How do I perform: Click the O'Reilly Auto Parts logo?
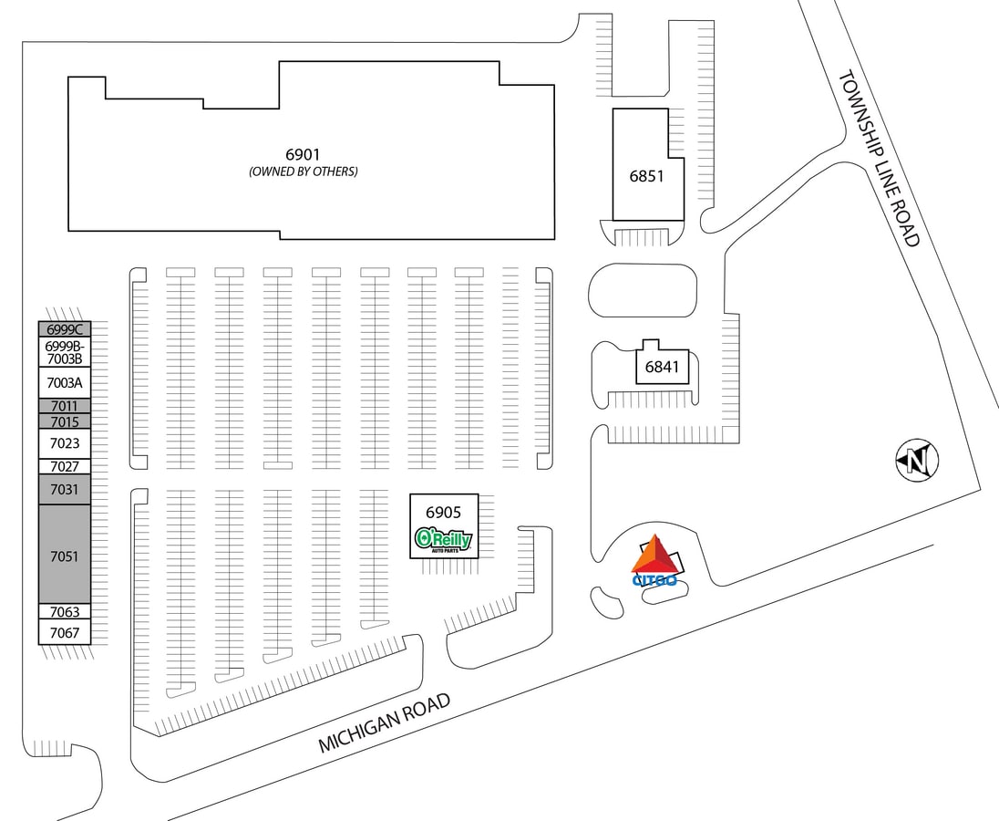tap(443, 539)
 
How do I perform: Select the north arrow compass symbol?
tap(918, 461)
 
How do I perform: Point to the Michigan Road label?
tap(384, 722)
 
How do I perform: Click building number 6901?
tap(303, 154)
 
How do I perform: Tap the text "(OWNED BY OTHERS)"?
tap(304, 171)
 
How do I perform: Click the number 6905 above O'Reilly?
tap(443, 512)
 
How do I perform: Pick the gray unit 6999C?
tap(65, 329)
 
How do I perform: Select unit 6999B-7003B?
tap(65, 352)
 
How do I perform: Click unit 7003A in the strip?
tap(65, 382)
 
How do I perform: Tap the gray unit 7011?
tap(65, 406)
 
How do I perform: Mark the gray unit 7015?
tap(65, 421)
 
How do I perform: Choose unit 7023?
tap(65, 443)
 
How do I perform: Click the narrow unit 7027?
tap(65, 466)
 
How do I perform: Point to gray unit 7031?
tap(65, 489)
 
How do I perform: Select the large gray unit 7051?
tap(65, 555)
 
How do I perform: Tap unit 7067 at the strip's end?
tap(65, 632)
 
